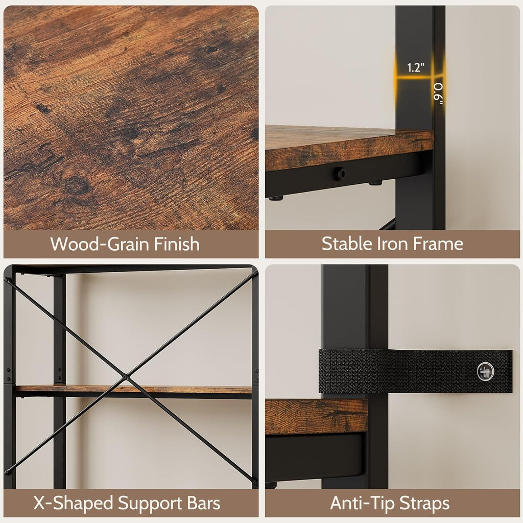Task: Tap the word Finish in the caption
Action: click(x=177, y=244)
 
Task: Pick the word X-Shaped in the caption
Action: click(x=73, y=503)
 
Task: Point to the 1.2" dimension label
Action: click(x=416, y=68)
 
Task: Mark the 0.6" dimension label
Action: click(x=439, y=94)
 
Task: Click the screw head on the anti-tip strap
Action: click(x=485, y=371)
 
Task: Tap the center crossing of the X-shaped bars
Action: click(x=125, y=377)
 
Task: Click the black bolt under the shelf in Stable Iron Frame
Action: click(x=340, y=173)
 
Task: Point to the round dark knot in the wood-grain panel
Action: click(x=78, y=186)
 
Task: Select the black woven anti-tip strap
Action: click(x=415, y=371)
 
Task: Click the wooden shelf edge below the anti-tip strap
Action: click(x=316, y=417)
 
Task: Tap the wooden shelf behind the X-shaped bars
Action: click(x=133, y=389)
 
